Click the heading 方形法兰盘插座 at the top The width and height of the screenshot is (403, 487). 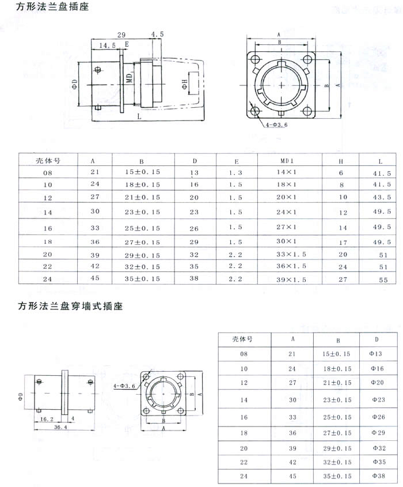[x=52, y=6]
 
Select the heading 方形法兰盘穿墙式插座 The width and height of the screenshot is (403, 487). [x=70, y=306]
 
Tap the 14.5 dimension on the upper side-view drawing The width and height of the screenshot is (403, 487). [x=107, y=46]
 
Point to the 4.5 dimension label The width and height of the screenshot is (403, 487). [x=157, y=34]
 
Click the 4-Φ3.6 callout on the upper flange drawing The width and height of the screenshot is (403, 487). [x=276, y=125]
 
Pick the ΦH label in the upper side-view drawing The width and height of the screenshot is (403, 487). [x=185, y=84]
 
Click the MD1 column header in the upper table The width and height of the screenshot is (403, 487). [x=287, y=161]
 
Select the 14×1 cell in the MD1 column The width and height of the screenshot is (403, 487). [x=287, y=172]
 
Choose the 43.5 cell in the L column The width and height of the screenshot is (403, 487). [x=382, y=197]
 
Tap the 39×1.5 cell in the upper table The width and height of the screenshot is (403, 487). [x=291, y=280]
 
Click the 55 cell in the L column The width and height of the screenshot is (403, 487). [x=383, y=280]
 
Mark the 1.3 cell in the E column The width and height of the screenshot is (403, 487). [x=235, y=173]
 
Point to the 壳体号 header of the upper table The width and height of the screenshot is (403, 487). [x=48, y=161]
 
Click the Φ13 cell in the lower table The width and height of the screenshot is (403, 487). [x=376, y=353]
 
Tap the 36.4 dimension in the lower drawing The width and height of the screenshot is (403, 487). [x=60, y=427]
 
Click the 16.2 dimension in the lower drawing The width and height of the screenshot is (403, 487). [x=47, y=419]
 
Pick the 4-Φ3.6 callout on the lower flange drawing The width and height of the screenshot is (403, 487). [x=124, y=386]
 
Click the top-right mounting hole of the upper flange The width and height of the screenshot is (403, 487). [x=307, y=59]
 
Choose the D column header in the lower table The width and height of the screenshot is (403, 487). [x=377, y=339]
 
